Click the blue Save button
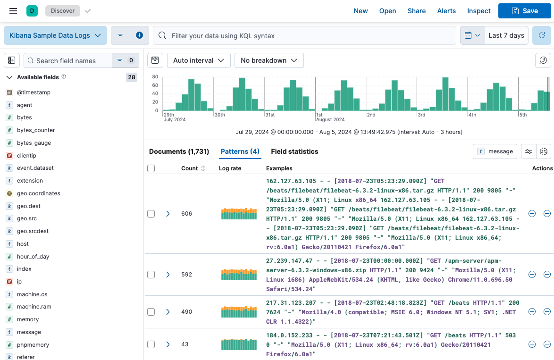point(524,11)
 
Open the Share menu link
point(416,11)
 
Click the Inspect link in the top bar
point(478,11)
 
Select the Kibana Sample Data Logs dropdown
point(55,35)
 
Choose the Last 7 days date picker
point(506,35)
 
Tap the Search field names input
point(68,60)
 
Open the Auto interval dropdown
point(199,60)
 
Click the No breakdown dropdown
point(269,60)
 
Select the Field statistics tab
point(294,151)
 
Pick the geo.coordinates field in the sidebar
point(39,193)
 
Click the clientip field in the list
point(26,156)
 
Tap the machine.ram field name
point(34,307)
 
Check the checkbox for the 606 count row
point(151,214)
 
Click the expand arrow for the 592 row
point(168,275)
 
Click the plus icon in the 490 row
point(532,312)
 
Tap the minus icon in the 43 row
point(547,344)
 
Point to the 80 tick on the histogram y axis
point(155,85)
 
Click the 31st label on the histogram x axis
point(269,115)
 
